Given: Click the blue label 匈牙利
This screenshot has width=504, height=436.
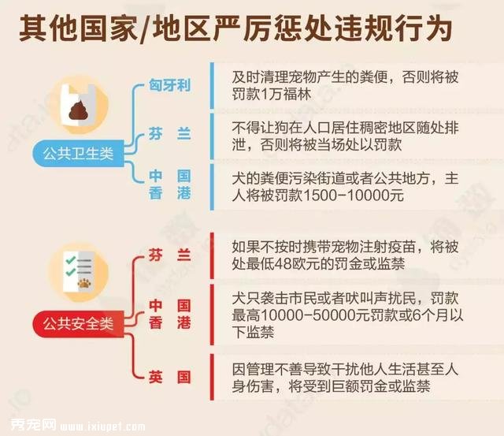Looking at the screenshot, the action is tap(169, 85).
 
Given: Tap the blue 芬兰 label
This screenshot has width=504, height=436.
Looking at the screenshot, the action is tap(169, 133).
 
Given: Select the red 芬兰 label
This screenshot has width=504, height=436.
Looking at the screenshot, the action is tap(169, 255).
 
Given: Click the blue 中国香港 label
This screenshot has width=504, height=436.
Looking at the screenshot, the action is tap(169, 184).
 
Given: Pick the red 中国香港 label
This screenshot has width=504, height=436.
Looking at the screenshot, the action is tap(169, 314).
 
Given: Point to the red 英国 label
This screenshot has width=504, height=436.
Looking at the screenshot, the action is tap(169, 377).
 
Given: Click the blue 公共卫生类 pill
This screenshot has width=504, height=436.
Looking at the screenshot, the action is tap(78, 154).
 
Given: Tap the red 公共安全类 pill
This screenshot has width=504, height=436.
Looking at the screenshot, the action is tap(78, 324).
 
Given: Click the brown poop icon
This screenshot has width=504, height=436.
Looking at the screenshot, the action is tap(79, 110).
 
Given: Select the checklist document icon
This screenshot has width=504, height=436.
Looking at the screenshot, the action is tap(79, 271).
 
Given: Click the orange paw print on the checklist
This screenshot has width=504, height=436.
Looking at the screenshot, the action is tap(84, 283).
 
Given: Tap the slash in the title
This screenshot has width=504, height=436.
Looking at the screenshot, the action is tap(144, 29).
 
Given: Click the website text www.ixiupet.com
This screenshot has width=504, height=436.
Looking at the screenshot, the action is tap(102, 427).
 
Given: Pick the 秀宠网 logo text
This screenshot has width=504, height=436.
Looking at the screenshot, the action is tap(33, 424).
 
